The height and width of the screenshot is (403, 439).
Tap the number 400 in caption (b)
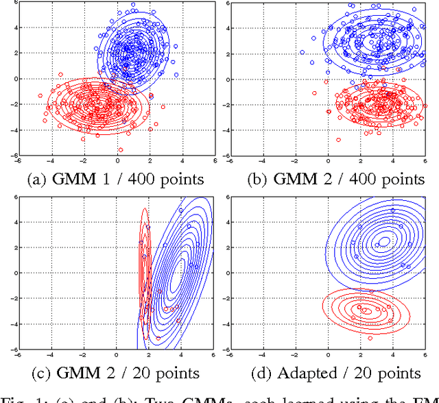coord(341,180)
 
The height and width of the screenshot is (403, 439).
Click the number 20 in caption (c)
coord(134,373)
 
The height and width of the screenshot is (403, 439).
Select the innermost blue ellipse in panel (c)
coord(180,272)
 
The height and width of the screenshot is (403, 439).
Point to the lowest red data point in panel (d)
coord(370,338)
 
